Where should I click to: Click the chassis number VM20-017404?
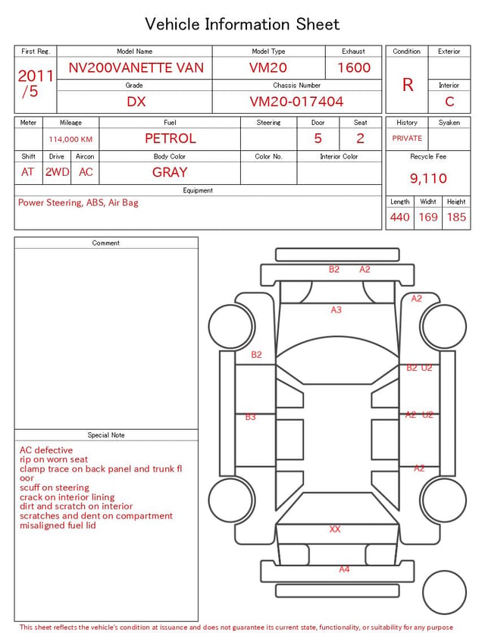(x=296, y=102)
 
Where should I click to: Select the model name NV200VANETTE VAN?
(x=136, y=67)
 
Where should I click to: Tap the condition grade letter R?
(x=408, y=85)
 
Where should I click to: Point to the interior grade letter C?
(x=449, y=102)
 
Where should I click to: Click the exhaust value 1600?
(x=354, y=67)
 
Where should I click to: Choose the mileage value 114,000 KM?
(x=70, y=139)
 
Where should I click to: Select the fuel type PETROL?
(x=171, y=139)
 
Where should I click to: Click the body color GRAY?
(x=170, y=172)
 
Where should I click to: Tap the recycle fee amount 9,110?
(x=428, y=178)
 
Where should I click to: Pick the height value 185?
(x=456, y=217)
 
